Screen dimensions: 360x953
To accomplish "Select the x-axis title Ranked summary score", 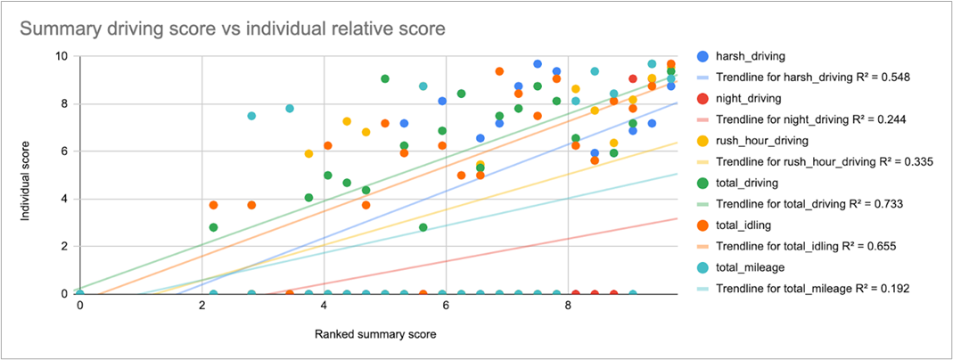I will click(x=376, y=335).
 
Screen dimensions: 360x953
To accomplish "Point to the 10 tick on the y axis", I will click(x=62, y=56).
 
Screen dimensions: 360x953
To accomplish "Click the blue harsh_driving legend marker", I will click(x=702, y=57).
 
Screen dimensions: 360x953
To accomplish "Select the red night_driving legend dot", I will click(x=702, y=98).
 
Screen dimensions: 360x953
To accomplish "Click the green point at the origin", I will click(x=79, y=290).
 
